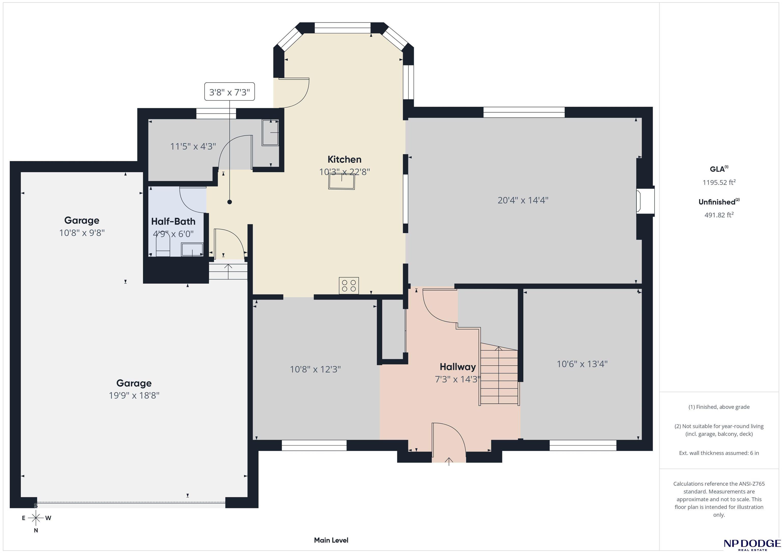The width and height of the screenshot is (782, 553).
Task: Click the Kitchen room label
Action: pyautogui.click(x=344, y=159)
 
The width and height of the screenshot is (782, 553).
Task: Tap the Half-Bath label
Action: pyautogui.click(x=173, y=221)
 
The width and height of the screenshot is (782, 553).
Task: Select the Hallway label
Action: pyautogui.click(x=457, y=367)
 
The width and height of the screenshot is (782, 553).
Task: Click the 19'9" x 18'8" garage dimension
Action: pyautogui.click(x=134, y=395)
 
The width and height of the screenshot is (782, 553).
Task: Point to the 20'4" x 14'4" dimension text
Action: pyautogui.click(x=523, y=200)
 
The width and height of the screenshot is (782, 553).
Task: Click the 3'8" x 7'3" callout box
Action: pyautogui.click(x=230, y=92)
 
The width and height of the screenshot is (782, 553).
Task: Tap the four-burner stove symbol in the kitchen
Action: pyautogui.click(x=349, y=285)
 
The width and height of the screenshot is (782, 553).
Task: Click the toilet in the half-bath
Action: pyautogui.click(x=163, y=246)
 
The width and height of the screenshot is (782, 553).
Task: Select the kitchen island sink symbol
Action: pyautogui.click(x=342, y=181)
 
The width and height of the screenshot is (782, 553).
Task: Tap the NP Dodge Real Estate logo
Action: pyautogui.click(x=752, y=544)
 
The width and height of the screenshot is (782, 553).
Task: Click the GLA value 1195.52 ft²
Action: pyautogui.click(x=719, y=182)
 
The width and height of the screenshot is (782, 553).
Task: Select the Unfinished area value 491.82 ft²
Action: pyautogui.click(x=719, y=215)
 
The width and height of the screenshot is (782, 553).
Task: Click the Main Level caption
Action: pyautogui.click(x=331, y=540)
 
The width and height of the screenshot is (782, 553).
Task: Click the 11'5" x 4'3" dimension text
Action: pyautogui.click(x=193, y=146)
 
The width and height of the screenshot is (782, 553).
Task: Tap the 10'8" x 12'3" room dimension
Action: pyautogui.click(x=315, y=370)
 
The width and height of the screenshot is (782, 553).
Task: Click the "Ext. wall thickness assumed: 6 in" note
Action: pyautogui.click(x=719, y=453)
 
